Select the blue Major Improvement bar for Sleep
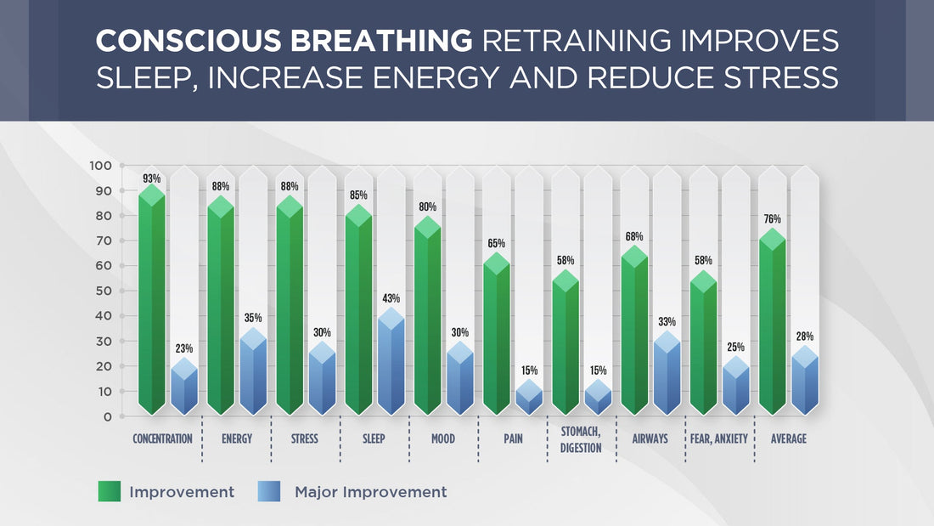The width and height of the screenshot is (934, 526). pos(391,365)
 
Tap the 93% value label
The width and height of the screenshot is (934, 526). pos(151,179)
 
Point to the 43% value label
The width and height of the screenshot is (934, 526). pos(391,298)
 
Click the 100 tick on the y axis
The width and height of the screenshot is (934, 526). pos(101,166)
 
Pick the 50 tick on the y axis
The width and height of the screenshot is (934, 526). pos(103,291)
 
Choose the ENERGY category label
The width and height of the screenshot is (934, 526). pos(235,439)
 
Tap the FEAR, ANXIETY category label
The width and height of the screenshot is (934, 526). pos(719,439)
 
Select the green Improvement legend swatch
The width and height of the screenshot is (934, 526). pos(110,491)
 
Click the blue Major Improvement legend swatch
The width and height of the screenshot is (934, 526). pos(271,491)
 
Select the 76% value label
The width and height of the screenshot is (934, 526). pos(771,219)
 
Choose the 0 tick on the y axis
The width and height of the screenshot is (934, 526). pos(108,416)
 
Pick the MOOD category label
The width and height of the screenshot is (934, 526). pos(442,439)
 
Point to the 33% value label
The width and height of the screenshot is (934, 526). pos(667,322)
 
